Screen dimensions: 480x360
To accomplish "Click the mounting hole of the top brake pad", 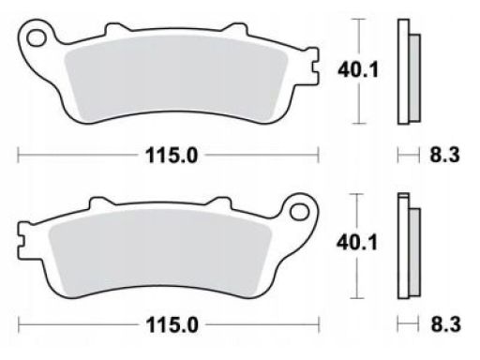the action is tap(37, 38).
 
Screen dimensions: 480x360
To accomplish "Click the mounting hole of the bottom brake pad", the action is tap(299, 212).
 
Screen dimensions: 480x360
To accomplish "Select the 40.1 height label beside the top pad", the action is tap(358, 69).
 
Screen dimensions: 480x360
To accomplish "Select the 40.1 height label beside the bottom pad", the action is tap(357, 243).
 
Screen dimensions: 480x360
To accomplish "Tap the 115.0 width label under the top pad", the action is tap(172, 156).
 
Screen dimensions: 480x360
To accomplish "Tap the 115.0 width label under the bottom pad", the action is tap(172, 325).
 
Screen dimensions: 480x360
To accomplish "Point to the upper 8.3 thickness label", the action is tap(445, 155).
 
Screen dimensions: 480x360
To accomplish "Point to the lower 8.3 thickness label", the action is tap(446, 324).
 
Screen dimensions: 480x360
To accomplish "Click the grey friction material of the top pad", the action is tap(175, 78).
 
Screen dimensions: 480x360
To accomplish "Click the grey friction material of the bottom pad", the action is tap(160, 252).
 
